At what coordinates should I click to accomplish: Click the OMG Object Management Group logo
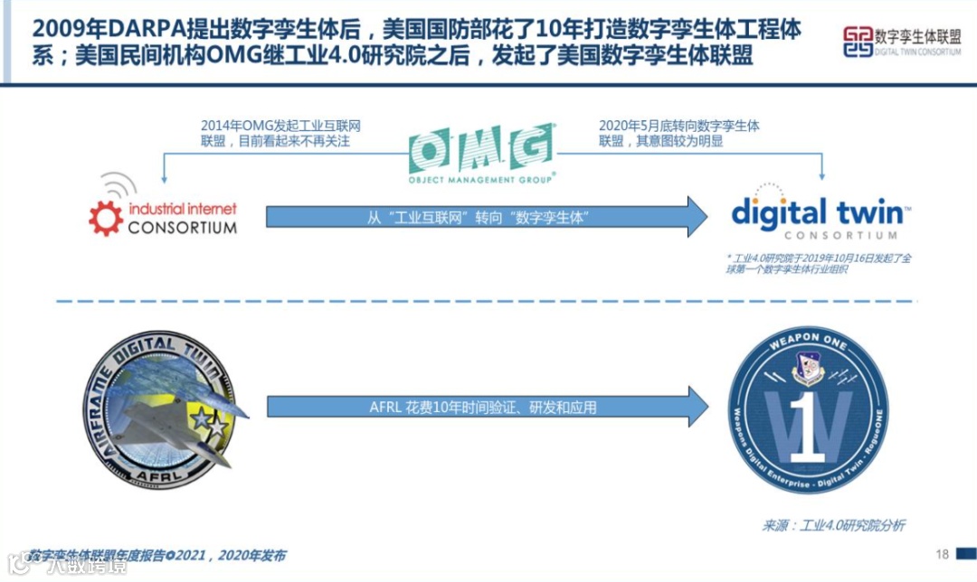click(x=480, y=153)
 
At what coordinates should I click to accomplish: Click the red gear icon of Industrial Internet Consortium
click(x=105, y=218)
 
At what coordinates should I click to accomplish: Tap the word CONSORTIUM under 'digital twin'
click(x=817, y=235)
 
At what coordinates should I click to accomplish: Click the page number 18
click(x=942, y=554)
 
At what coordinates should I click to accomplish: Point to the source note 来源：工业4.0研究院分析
click(x=833, y=525)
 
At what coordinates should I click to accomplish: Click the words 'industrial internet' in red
click(x=182, y=208)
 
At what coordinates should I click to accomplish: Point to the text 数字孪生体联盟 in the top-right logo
click(x=918, y=35)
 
